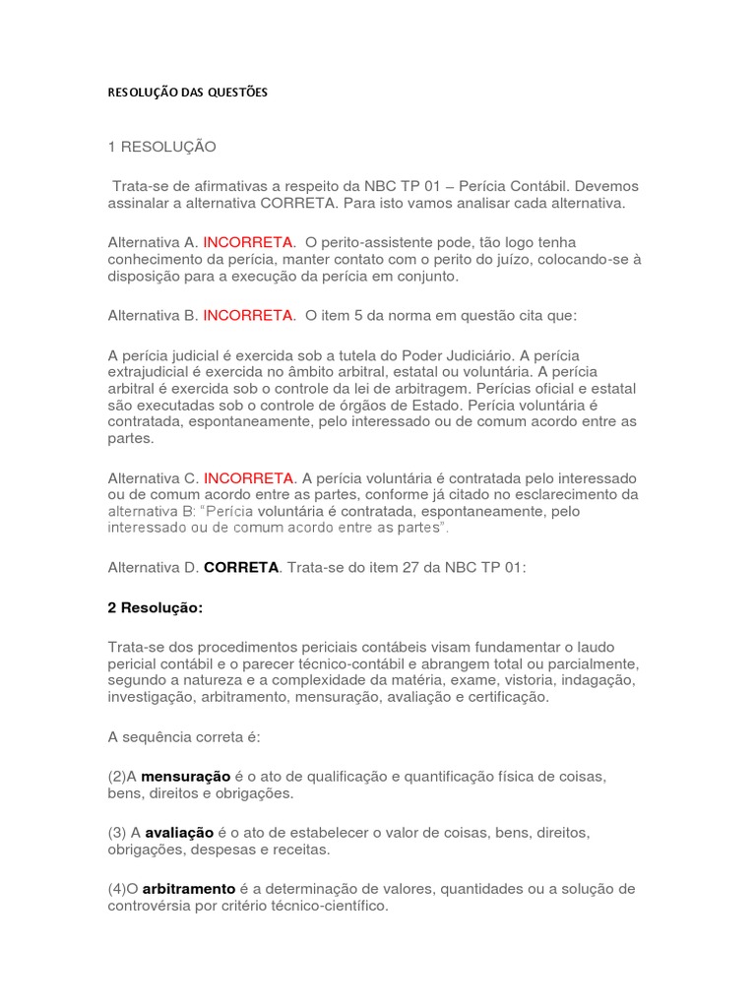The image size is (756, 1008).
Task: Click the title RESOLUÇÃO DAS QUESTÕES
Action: (x=187, y=94)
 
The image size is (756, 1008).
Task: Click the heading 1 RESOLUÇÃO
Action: (x=161, y=148)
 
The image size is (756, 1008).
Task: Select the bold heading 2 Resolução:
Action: (x=156, y=608)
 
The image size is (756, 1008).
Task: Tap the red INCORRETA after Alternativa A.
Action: (x=248, y=242)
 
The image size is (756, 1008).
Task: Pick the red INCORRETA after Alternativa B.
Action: (x=248, y=316)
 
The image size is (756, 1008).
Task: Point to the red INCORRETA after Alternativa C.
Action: (x=249, y=477)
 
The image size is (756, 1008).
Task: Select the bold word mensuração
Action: (x=186, y=777)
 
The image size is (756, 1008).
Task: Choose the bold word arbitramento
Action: (x=189, y=889)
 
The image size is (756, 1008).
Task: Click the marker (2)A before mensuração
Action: (x=123, y=777)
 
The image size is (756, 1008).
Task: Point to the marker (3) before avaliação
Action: (x=117, y=833)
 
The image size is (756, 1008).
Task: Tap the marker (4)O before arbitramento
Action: (x=124, y=889)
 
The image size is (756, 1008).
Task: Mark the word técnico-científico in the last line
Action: (x=328, y=906)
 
